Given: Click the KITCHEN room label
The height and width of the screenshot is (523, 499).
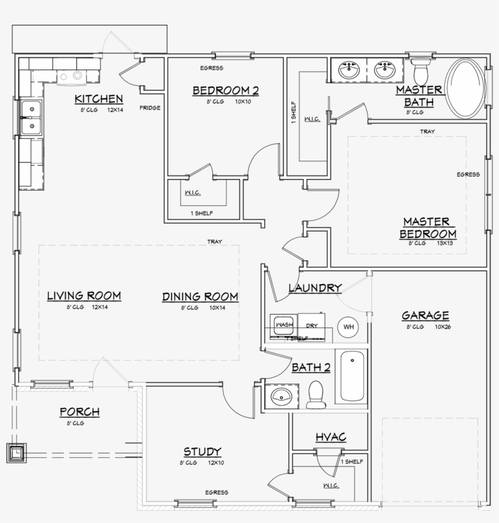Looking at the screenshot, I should point(99,99).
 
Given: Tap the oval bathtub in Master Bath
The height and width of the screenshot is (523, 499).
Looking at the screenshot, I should point(466,89).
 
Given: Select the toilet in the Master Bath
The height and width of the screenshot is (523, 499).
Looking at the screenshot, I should point(420,70).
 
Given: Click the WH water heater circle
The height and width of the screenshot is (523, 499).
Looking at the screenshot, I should point(349,327).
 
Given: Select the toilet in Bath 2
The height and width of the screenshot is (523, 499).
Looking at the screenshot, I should point(316,395).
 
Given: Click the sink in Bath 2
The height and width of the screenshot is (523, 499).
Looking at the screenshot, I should point(281,398).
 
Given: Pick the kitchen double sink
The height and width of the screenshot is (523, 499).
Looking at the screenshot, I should point(29,117).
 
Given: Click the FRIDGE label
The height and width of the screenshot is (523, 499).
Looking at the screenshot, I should point(150,108).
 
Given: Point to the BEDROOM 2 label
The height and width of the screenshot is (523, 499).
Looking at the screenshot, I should point(226,91).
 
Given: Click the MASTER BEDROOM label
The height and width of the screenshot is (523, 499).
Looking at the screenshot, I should point(428,228).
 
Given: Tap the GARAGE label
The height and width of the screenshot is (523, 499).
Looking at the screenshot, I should point(425,315).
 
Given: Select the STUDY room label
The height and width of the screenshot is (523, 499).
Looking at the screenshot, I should point(202,452).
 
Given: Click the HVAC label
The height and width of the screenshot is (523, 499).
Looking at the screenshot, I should point(330,437).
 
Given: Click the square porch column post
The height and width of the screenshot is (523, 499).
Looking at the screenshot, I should point(16,452).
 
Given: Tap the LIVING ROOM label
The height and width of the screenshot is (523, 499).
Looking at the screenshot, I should point(84,296).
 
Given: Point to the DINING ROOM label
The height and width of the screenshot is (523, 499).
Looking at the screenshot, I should point(200,297).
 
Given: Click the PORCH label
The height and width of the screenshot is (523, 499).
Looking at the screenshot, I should point(79,412).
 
